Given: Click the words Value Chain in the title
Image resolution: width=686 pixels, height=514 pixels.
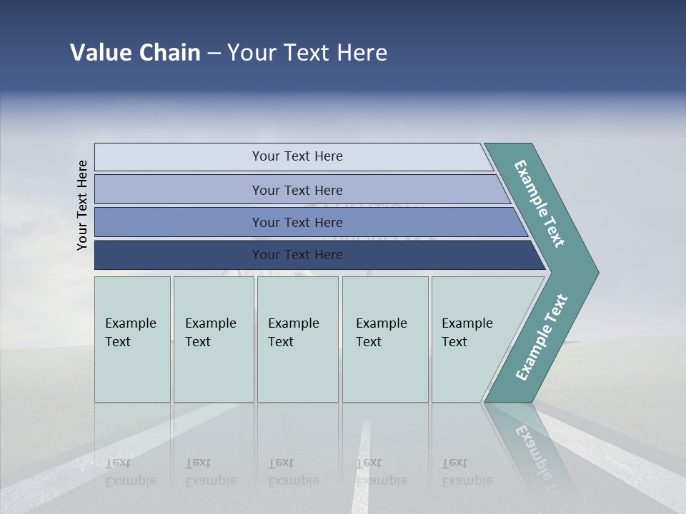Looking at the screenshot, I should point(135,53).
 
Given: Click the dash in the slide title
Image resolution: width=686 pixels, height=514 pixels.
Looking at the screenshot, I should point(213,54).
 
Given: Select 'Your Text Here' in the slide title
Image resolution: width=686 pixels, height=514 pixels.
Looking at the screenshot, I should point(307,53).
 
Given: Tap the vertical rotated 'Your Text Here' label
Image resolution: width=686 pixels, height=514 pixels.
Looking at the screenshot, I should point(82,205).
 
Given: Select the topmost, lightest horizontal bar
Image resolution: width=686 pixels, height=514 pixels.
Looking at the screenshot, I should point(297,156).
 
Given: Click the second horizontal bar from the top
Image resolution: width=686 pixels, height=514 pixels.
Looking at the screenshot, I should point(297,190).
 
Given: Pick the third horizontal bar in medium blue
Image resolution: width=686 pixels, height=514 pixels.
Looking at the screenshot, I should point(297,222).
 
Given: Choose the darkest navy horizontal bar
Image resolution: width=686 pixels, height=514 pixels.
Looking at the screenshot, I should point(297,255).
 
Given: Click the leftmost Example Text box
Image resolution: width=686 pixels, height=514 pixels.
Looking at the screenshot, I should point(132,339).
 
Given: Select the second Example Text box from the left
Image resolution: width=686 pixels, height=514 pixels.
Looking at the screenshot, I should point(214,339).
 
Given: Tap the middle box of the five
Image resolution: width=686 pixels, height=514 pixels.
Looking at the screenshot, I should point(297,339).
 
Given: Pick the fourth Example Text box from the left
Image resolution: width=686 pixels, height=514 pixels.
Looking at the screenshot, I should point(385,339).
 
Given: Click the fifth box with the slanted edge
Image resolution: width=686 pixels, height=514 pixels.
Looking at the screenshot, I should point(472,339).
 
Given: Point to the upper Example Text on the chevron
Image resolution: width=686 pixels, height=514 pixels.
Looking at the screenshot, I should point(540,203).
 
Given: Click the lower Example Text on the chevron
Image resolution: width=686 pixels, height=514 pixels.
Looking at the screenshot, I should point(542,337).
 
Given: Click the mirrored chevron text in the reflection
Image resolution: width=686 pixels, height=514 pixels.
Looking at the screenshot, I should point(532,450).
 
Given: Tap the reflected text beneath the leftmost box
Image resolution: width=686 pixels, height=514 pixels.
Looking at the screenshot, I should point(130,472).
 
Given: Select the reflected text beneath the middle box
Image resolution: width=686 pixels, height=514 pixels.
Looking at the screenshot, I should point(293,472).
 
